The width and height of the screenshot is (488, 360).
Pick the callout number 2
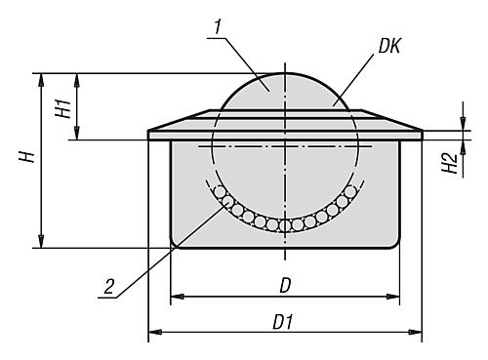coord(106,286)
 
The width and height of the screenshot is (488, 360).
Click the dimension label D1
coord(284,322)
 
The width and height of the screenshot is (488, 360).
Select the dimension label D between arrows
coord(285,284)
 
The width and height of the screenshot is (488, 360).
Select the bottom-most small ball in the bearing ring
coord(285,225)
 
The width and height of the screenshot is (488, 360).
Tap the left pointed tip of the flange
coord(147,130)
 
